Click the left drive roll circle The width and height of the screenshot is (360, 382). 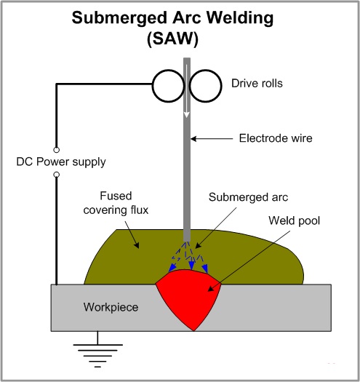tap(153, 86)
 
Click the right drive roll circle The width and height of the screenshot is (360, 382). tap(221, 86)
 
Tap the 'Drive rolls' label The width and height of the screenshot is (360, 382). tap(257, 84)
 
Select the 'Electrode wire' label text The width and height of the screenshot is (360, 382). tap(276, 138)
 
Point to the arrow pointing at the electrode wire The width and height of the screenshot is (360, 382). tap(212, 139)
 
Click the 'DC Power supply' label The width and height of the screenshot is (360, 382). tap(61, 162)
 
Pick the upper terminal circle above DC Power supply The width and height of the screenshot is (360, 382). tap(57, 150)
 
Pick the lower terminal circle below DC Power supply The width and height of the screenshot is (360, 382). tap(57, 175)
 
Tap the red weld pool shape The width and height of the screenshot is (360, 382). tap(188, 297)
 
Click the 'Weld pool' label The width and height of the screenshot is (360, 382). tap(295, 220)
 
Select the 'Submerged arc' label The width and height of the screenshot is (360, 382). tap(248, 197)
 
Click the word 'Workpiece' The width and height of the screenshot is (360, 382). tap(111, 307)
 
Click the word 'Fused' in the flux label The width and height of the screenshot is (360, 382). tap(116, 196)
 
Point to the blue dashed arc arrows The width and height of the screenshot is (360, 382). tap(189, 257)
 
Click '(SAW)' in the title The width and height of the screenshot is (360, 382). tap(172, 39)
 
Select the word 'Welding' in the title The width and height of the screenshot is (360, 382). tap(240, 18)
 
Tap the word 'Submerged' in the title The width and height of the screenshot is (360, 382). tap(119, 18)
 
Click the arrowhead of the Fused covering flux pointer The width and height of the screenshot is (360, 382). tap(137, 245)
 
